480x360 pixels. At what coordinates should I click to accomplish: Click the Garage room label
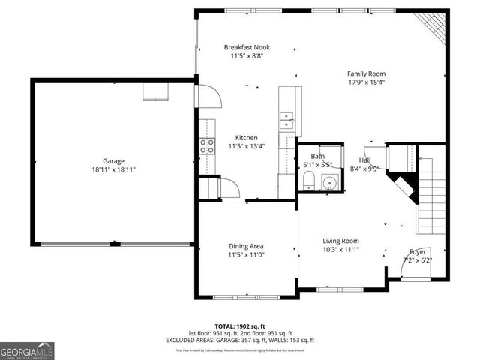click(114, 160)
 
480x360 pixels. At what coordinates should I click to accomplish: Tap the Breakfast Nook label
click(247, 47)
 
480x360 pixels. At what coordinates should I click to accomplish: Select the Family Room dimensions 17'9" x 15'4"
click(366, 82)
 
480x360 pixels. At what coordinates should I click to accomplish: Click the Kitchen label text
click(247, 138)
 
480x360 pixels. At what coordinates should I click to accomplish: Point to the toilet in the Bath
click(308, 179)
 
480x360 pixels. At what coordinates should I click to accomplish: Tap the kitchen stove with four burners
click(206, 146)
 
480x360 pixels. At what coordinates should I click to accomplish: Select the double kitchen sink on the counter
click(287, 117)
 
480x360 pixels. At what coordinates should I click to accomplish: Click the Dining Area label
click(246, 246)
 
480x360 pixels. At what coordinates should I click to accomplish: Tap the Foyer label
click(418, 251)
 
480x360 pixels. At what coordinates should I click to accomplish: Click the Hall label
click(364, 160)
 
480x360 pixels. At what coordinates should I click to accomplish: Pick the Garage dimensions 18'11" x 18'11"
click(114, 169)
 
